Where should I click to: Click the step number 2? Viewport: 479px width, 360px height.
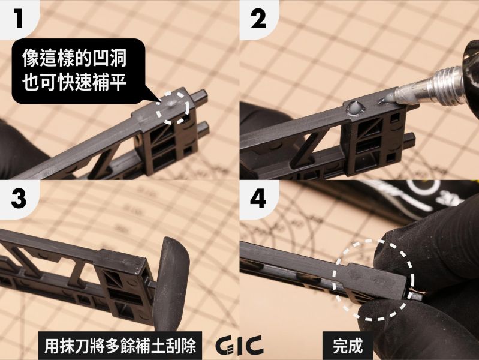tap(260, 19)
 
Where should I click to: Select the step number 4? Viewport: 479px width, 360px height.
tap(260, 200)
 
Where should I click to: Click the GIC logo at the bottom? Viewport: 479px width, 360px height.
tap(239, 346)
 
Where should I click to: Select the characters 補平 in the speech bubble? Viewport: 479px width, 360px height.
tap(115, 83)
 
